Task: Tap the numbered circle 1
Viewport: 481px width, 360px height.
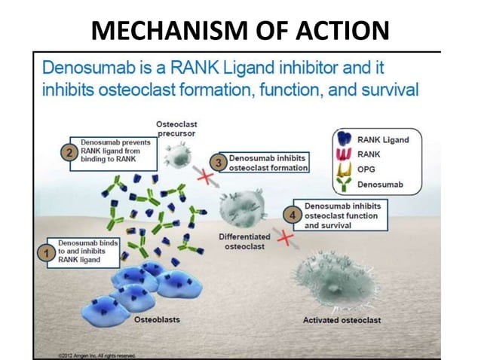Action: tap(45, 252)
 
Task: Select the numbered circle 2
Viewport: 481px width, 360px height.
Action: tap(69, 153)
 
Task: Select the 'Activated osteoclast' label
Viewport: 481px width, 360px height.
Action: tap(342, 321)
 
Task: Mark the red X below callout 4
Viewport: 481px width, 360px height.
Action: tap(285, 239)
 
